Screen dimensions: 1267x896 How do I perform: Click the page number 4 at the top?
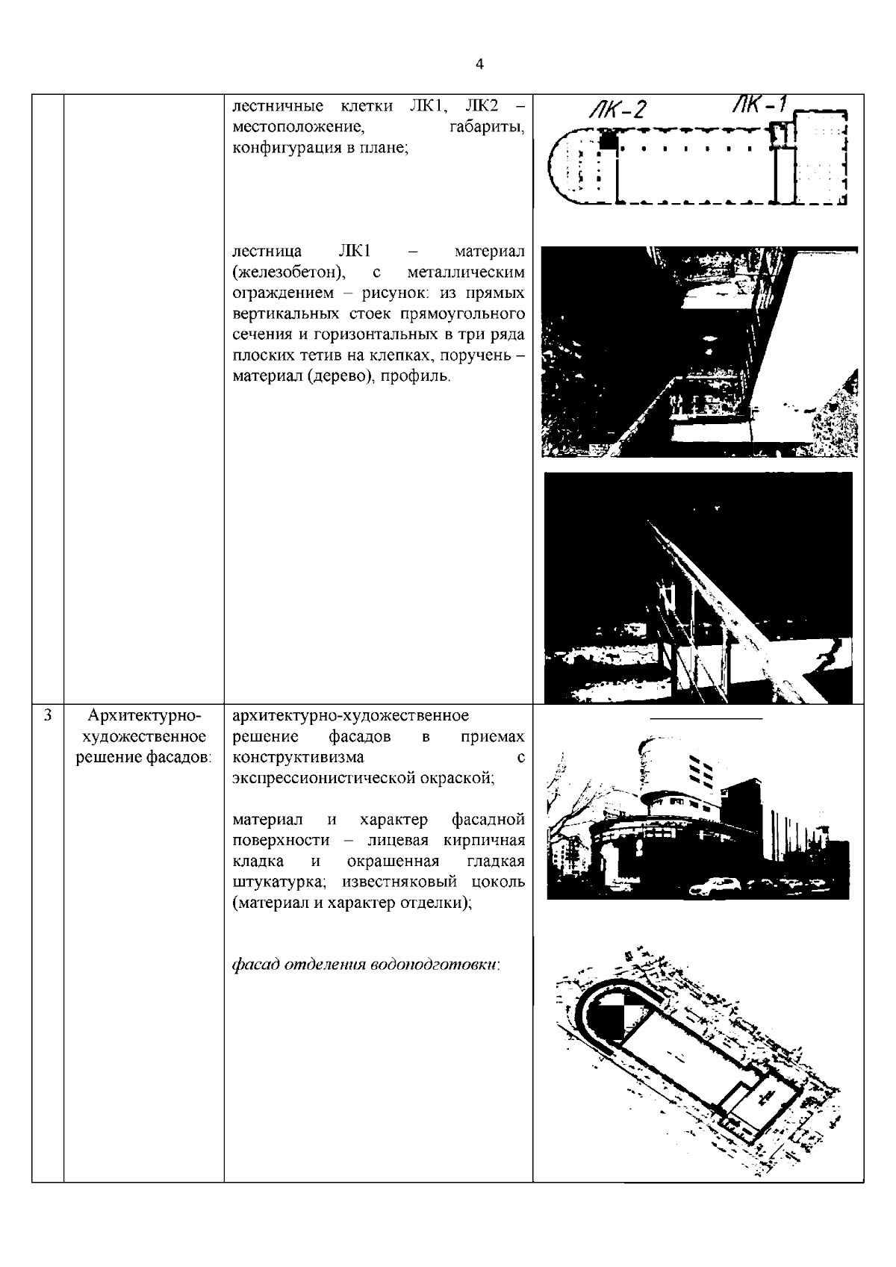(x=479, y=65)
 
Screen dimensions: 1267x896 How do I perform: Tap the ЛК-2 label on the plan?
(x=616, y=110)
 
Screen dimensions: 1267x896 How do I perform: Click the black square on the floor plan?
(x=610, y=140)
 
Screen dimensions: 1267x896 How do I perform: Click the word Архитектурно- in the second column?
(x=144, y=717)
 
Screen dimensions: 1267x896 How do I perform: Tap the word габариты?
(x=487, y=128)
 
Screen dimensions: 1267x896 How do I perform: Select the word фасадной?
(x=488, y=821)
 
